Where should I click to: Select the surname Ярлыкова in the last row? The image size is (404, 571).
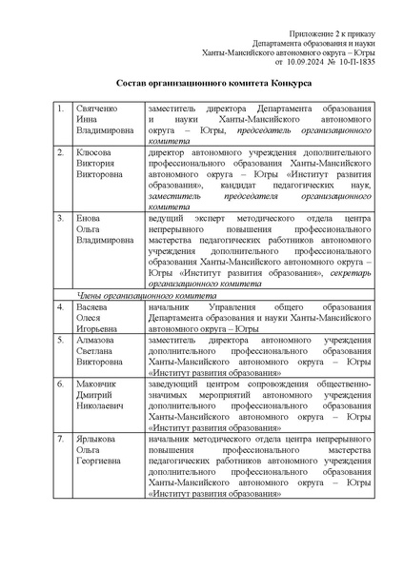point(96,440)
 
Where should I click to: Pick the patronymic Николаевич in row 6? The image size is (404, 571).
point(100,406)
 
